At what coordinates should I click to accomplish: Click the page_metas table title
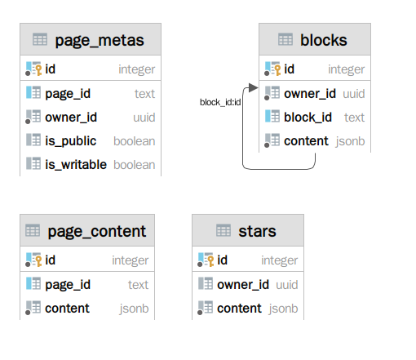(100, 41)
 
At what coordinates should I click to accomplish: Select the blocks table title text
(324, 40)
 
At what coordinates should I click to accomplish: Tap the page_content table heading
(97, 232)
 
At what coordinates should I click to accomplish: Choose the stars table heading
(257, 231)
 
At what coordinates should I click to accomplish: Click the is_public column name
(71, 141)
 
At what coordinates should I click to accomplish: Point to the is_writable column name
(76, 165)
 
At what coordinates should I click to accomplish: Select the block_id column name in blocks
(308, 118)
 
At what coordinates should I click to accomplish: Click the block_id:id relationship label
(220, 102)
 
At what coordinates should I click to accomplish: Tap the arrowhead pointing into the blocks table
(253, 87)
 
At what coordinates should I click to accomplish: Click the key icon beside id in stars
(210, 260)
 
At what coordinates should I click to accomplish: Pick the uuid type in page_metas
(144, 118)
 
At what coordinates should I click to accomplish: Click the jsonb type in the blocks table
(350, 141)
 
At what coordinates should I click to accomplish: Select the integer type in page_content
(131, 260)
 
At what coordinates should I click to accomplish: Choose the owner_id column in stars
(243, 285)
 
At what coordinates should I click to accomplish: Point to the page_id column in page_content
(68, 285)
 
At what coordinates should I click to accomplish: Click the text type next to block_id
(354, 118)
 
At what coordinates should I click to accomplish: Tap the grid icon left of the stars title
(223, 230)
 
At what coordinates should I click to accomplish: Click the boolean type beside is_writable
(135, 165)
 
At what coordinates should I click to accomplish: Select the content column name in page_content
(67, 309)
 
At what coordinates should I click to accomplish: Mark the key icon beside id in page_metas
(38, 69)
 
